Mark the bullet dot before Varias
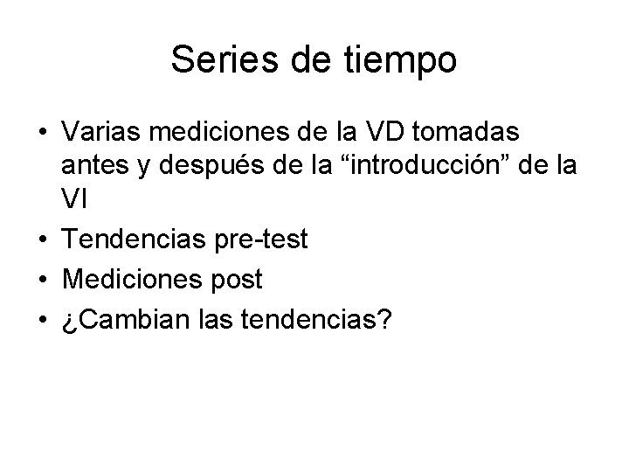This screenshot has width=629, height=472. [x=42, y=135]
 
